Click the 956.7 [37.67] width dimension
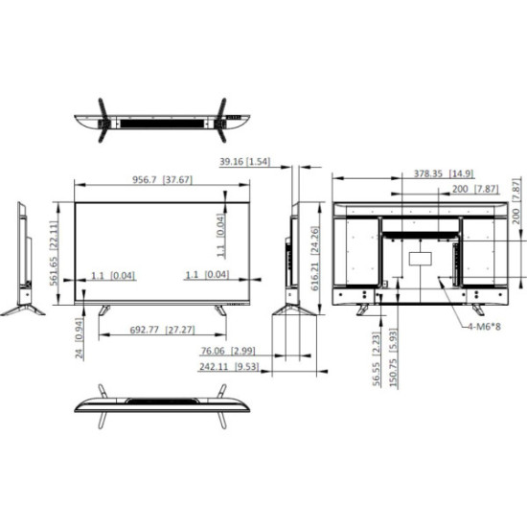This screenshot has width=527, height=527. tap(162, 180)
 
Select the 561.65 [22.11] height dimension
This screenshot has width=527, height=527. tap(55, 253)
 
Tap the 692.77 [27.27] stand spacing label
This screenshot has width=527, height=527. tap(162, 330)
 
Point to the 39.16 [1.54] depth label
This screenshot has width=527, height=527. tap(244, 162)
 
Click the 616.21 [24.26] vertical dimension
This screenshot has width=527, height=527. tap(315, 258)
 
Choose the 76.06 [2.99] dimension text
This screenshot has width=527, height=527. tap(228, 351)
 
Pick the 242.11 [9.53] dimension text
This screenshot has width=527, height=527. tap(229, 366)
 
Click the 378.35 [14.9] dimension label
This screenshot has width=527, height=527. tap(444, 173)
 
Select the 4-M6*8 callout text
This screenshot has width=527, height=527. tap(484, 326)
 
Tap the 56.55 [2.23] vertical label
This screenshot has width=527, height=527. tap(377, 358)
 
